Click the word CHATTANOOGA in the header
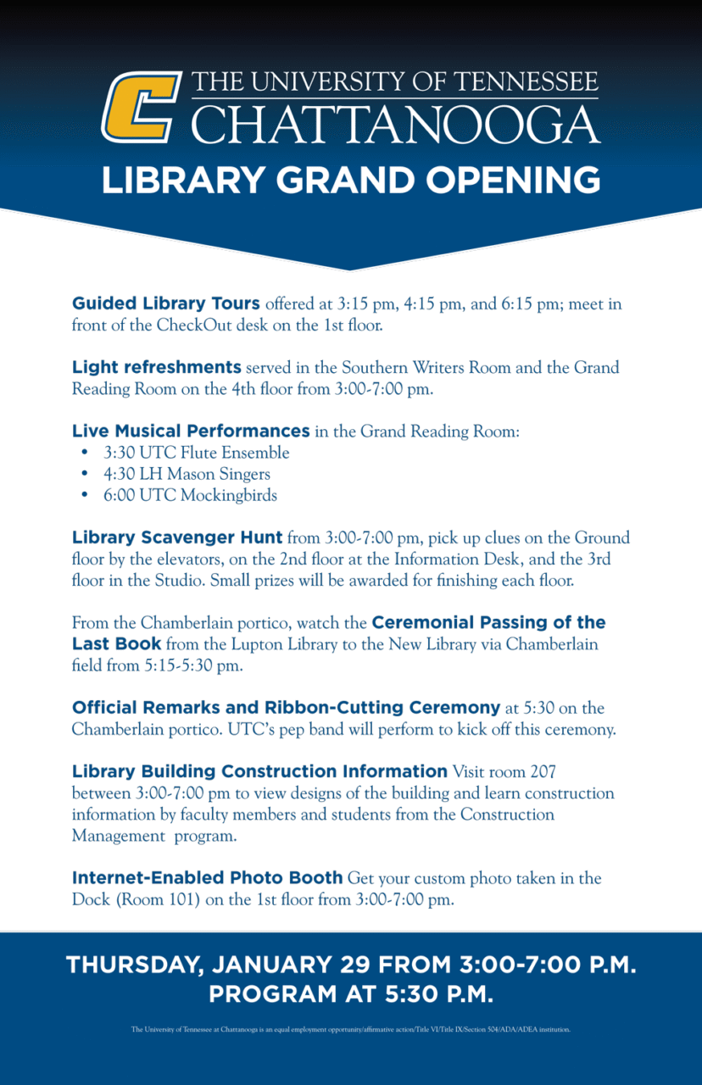pyautogui.click(x=395, y=124)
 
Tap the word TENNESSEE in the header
pyautogui.click(x=526, y=82)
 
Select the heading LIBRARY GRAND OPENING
pyautogui.click(x=351, y=181)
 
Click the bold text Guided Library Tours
pyautogui.click(x=166, y=303)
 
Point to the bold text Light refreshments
pyautogui.click(x=157, y=367)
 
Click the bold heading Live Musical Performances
pyautogui.click(x=191, y=431)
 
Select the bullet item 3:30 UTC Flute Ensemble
pyautogui.click(x=196, y=453)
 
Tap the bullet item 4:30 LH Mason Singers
pyautogui.click(x=187, y=474)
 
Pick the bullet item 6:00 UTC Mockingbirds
pyautogui.click(x=190, y=495)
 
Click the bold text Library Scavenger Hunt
pyautogui.click(x=177, y=537)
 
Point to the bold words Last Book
pyautogui.click(x=116, y=644)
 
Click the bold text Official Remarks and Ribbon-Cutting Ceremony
pyautogui.click(x=286, y=707)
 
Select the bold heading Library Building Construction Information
pyautogui.click(x=259, y=771)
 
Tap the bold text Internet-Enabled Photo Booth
pyautogui.click(x=208, y=877)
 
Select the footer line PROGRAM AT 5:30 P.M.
pyautogui.click(x=351, y=993)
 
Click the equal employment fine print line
pyautogui.click(x=351, y=1030)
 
